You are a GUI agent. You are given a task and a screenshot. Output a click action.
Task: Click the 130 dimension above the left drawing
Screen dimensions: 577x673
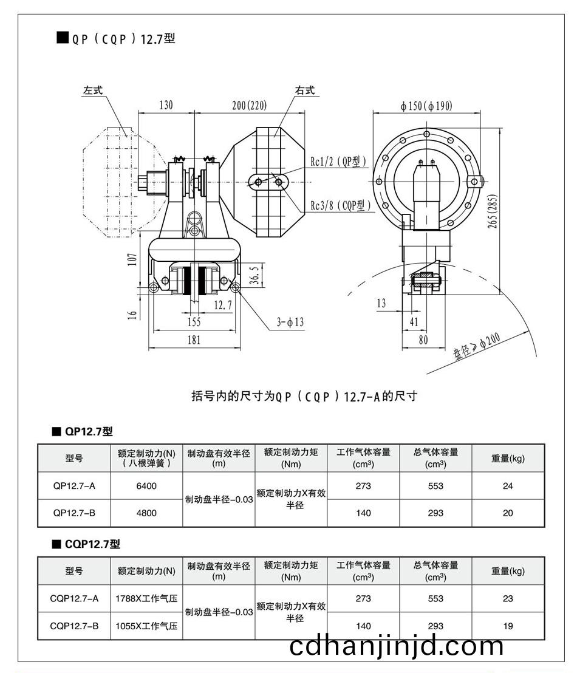166,104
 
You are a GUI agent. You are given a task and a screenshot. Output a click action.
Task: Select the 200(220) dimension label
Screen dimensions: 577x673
249,104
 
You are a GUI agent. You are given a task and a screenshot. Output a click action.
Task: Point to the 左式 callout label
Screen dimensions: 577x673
94,90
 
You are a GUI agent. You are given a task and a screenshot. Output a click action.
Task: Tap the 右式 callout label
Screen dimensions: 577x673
305,90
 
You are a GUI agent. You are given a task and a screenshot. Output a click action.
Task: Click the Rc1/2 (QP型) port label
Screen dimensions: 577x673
339,162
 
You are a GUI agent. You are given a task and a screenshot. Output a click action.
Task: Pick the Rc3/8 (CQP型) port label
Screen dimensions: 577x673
341,205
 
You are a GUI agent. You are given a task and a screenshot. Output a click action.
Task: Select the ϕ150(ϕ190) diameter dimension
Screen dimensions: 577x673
426,106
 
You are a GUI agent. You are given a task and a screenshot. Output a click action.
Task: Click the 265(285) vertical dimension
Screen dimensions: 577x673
493,212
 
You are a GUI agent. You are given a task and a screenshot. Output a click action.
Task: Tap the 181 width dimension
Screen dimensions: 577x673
193,340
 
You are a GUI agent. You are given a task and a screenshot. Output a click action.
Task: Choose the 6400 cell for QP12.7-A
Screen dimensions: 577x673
146,486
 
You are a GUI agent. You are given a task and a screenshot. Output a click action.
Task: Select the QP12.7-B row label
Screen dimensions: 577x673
74,513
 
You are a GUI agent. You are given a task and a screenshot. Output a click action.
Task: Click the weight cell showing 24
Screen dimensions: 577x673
508,486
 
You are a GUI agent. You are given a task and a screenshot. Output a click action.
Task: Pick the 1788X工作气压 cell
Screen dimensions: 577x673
146,598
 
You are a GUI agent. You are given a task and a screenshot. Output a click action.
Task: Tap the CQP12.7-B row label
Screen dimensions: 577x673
74,626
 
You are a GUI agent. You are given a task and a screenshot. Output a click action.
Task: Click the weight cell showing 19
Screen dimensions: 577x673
508,626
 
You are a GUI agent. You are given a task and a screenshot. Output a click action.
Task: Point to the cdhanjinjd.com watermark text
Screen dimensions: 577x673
397,646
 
